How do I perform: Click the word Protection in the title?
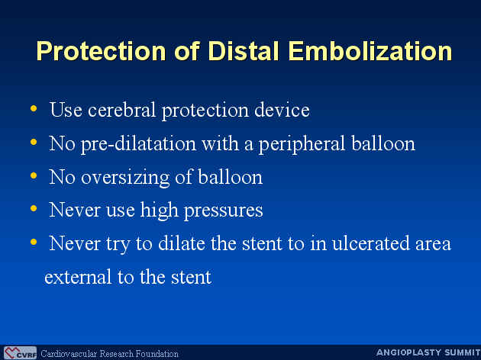click(x=102, y=51)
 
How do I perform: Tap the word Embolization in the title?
click(x=370, y=51)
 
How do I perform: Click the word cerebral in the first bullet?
click(x=121, y=110)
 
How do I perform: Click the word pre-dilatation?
click(x=138, y=143)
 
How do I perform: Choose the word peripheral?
click(x=302, y=143)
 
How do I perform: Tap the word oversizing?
click(x=125, y=178)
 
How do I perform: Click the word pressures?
click(x=223, y=211)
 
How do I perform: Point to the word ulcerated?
click(x=370, y=243)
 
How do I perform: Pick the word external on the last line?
click(x=78, y=277)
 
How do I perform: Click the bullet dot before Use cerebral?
click(x=34, y=108)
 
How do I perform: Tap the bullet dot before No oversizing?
click(x=34, y=175)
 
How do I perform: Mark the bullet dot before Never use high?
click(x=34, y=209)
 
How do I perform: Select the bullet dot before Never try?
click(x=34, y=242)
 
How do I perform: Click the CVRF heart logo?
click(x=21, y=353)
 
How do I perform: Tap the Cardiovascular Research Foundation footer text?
click(x=109, y=354)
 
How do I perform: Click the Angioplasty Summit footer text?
click(x=428, y=352)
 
